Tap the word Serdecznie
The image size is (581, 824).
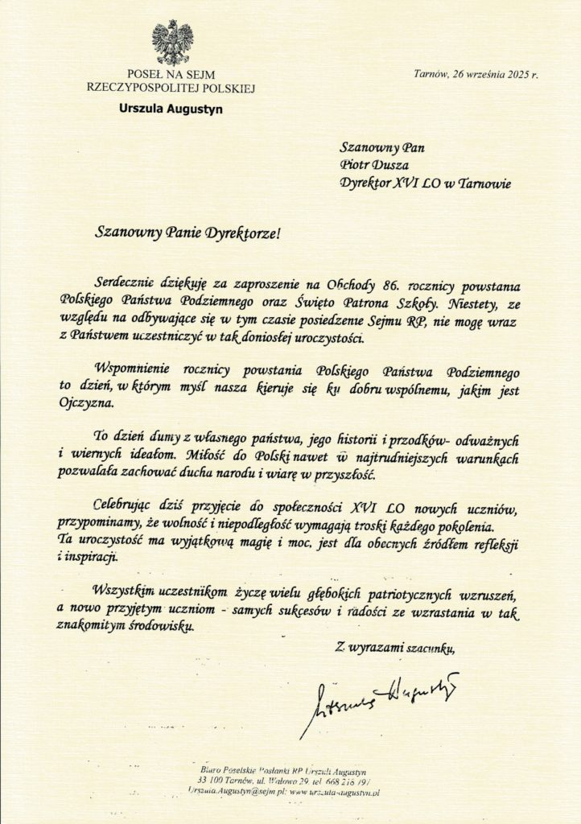(x=126, y=285)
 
